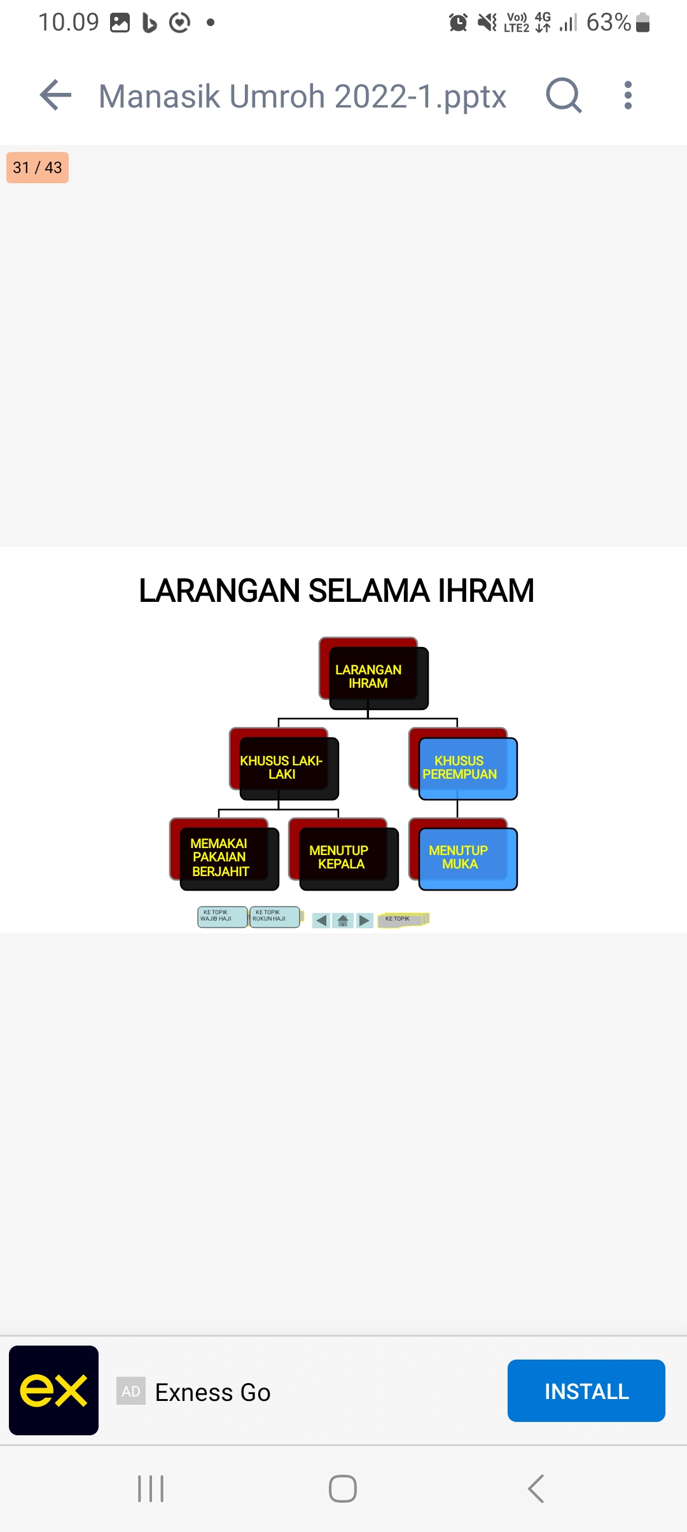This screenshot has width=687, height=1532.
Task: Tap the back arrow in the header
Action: pos(55,95)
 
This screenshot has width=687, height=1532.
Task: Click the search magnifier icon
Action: pos(564,95)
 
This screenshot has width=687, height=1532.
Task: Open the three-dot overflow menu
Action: pos(628,95)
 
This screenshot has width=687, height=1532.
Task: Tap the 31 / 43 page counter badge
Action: pos(38,167)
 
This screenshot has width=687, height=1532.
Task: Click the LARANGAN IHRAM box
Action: pos(373,674)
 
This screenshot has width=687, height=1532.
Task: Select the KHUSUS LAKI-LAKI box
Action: pos(284,764)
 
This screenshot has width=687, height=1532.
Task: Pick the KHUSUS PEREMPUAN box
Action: pos(463,764)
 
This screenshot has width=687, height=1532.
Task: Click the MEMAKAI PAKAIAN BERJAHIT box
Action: pos(224,854)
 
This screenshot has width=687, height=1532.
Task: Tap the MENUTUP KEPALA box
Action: pos(343,854)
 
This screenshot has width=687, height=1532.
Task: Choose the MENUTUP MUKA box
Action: pos(463,854)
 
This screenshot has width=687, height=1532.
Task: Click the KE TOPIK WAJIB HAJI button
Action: pos(222,917)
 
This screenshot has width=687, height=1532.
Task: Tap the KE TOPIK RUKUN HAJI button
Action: pos(275,917)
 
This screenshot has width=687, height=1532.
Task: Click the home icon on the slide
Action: pos(343,921)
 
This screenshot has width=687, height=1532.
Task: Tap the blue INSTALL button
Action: pos(586,1391)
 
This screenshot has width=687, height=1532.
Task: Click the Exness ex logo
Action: pos(53,1390)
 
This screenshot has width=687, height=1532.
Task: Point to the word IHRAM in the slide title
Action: pos(486,590)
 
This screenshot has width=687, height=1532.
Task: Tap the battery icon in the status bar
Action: pos(642,22)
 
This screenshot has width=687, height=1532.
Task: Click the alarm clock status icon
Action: pos(458,22)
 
